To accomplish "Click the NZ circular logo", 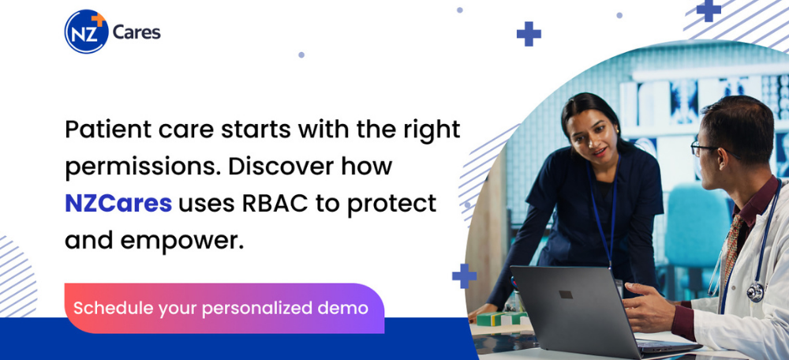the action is [x=86, y=32].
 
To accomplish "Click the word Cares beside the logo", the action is [x=136, y=32].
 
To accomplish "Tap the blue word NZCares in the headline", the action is [x=118, y=204].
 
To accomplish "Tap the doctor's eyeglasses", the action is [x=710, y=149].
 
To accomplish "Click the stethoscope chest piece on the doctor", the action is [x=755, y=292].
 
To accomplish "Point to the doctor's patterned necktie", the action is [x=731, y=247].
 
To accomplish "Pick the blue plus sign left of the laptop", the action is [x=464, y=276].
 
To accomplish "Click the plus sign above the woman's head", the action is [x=529, y=34].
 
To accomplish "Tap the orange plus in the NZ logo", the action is [x=99, y=19].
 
